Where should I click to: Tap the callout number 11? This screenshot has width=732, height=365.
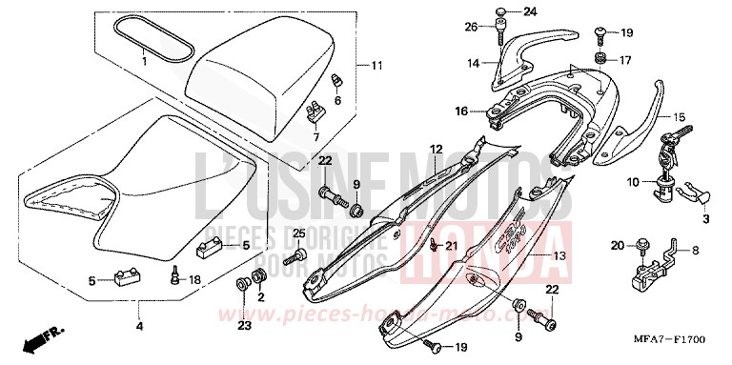[x=376, y=66]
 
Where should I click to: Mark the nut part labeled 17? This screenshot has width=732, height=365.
[x=600, y=60]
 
